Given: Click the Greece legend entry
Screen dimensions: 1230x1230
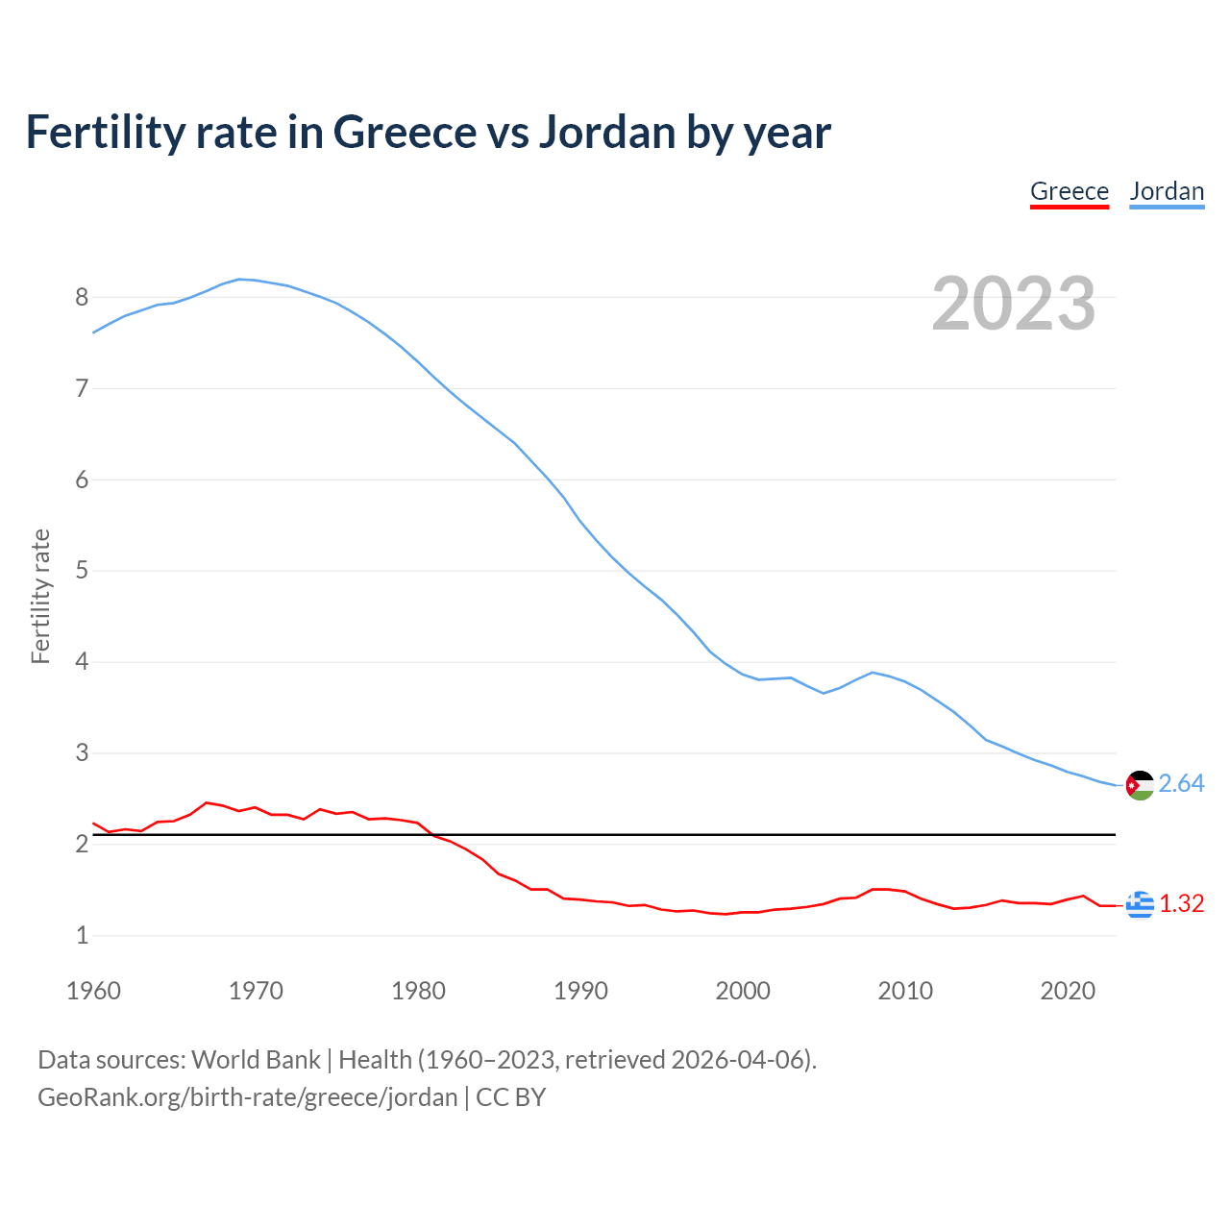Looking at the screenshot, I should click(1069, 191).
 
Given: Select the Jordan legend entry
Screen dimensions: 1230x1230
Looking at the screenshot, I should click(1167, 191).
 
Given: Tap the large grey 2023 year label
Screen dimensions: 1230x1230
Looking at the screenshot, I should click(1014, 304).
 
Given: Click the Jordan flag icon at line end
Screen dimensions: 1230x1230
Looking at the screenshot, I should click(1140, 785).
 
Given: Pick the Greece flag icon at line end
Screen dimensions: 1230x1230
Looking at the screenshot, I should click(1140, 904).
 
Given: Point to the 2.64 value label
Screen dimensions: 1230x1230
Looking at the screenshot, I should click(1181, 784).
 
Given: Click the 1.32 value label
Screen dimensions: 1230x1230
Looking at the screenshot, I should click(1181, 904).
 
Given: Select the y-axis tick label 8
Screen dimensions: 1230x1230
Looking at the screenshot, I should click(82, 297).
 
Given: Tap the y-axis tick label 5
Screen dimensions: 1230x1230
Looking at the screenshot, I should click(82, 571).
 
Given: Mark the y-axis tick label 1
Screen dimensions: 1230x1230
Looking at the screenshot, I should click(82, 935).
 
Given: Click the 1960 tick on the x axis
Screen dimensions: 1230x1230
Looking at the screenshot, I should click(93, 991).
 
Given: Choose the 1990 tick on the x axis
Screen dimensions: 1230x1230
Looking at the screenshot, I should click(580, 991).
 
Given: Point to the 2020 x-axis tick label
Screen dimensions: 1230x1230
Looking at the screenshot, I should click(1068, 991).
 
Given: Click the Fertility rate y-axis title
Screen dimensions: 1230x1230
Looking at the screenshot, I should click(40, 596).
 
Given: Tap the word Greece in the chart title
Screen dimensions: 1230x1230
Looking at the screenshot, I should click(405, 132).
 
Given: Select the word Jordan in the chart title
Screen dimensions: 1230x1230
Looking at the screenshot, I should click(606, 132).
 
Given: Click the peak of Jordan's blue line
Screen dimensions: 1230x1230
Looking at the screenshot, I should click(240, 279).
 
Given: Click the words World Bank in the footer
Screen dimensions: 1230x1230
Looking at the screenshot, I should click(256, 1060).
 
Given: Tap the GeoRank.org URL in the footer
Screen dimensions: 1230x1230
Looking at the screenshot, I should click(248, 1097).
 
